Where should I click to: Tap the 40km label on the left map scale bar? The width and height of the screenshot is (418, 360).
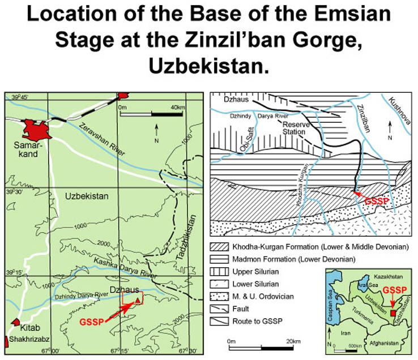[178, 106]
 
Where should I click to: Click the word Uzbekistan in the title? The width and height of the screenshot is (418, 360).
[208, 66]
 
